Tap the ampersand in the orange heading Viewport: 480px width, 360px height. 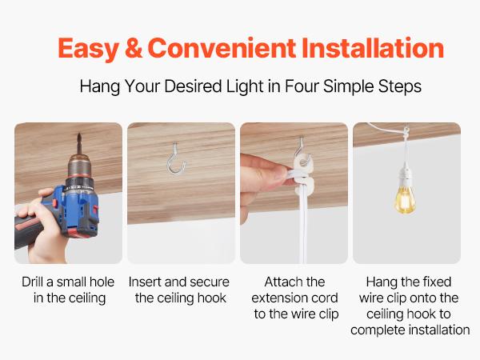(x=133, y=48)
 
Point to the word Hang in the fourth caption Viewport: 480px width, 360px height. (x=380, y=282)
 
